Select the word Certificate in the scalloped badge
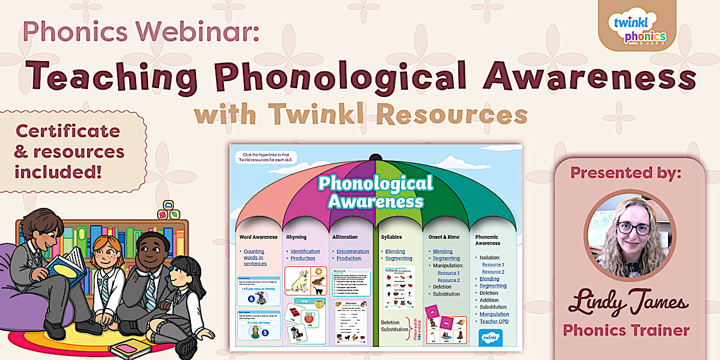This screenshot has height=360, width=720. point(68,131)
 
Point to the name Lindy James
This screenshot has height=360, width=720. point(628,302)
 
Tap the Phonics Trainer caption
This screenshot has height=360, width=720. point(626,330)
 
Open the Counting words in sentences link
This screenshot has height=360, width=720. point(255,258)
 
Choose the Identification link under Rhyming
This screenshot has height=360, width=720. point(305,251)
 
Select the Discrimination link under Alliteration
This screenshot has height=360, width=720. point(353,251)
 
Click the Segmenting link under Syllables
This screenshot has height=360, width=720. point(398,258)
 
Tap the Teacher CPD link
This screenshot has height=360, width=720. point(494,321)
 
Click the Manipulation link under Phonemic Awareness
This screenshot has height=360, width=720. point(494,314)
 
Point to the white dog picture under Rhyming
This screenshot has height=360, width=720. point(298,281)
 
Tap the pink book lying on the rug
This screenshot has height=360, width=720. point(130,348)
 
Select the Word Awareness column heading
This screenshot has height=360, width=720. point(258,237)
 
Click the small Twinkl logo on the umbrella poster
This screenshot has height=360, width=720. point(489,337)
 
